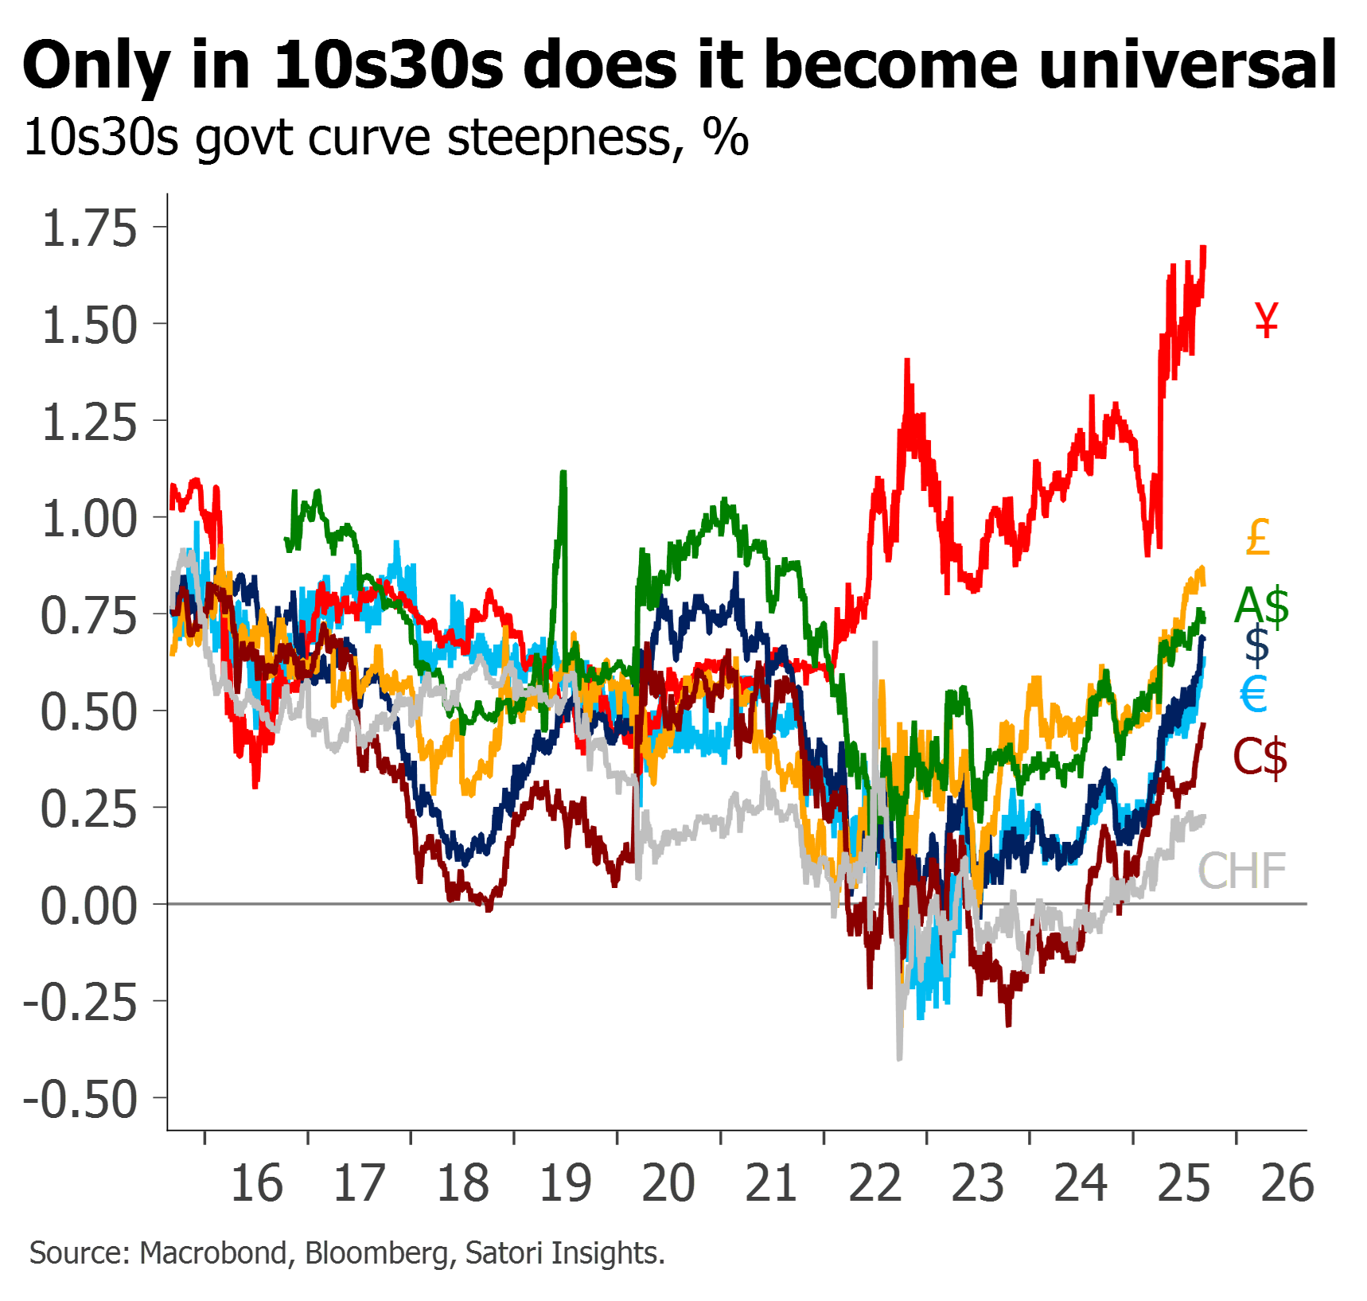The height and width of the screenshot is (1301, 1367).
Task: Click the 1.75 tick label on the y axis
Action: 89,228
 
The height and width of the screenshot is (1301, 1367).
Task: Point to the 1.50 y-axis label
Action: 89,325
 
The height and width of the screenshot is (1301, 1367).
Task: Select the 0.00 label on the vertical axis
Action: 89,906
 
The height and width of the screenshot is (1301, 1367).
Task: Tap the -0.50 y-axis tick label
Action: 80,1100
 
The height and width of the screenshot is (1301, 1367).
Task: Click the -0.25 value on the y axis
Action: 80,1003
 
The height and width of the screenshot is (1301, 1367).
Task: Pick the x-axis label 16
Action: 256,1183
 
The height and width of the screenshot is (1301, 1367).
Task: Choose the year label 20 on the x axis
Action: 668,1183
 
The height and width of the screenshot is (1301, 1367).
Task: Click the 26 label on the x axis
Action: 1287,1183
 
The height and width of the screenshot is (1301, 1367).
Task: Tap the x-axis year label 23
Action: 978,1183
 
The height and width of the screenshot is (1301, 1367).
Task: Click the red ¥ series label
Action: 1268,320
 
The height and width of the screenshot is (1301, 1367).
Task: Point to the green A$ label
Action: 1262,606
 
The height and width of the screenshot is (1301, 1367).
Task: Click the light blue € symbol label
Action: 1254,694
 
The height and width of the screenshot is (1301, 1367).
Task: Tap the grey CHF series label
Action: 1242,871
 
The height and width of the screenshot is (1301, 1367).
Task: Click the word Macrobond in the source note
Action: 213,1253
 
